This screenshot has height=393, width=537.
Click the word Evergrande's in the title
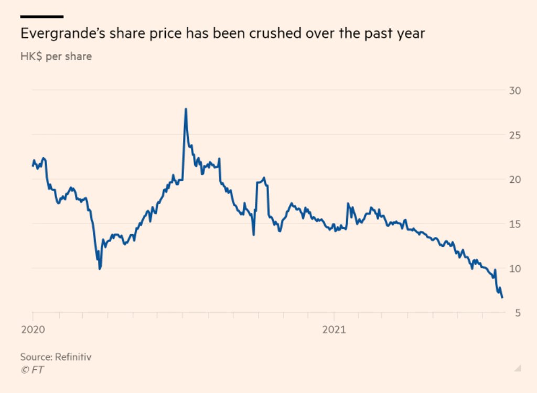pyautogui.click(x=58, y=34)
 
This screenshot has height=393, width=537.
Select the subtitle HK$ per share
pyautogui.click(x=56, y=56)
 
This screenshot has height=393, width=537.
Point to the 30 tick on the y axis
pyautogui.click(x=515, y=91)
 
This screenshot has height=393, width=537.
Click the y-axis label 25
pyautogui.click(x=515, y=135)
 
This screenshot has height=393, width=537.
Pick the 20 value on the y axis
pyautogui.click(x=515, y=179)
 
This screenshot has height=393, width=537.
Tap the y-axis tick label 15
pyautogui.click(x=515, y=224)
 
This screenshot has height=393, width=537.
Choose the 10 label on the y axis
pyautogui.click(x=515, y=268)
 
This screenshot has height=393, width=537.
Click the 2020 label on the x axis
pyautogui.click(x=33, y=330)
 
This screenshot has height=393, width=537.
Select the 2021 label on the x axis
pyautogui.click(x=334, y=330)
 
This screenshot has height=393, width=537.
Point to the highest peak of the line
pyautogui.click(x=186, y=109)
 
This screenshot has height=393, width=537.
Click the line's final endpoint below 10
pyautogui.click(x=502, y=298)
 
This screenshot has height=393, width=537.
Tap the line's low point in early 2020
pyautogui.click(x=100, y=269)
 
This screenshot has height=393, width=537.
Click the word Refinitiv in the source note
pyautogui.click(x=77, y=357)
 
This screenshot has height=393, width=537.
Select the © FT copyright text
pyautogui.click(x=33, y=370)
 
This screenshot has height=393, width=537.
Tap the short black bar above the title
pyautogui.click(x=41, y=17)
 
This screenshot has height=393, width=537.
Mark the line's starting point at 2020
pyautogui.click(x=33, y=166)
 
